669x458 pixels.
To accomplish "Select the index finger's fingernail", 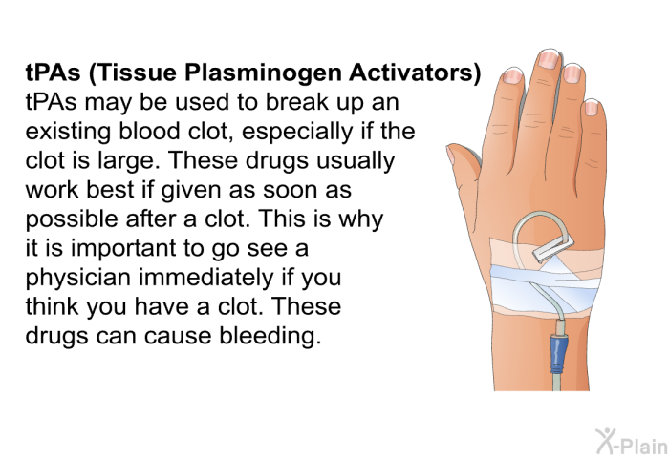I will coord(512,73).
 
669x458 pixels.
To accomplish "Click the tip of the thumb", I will coord(458,155).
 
